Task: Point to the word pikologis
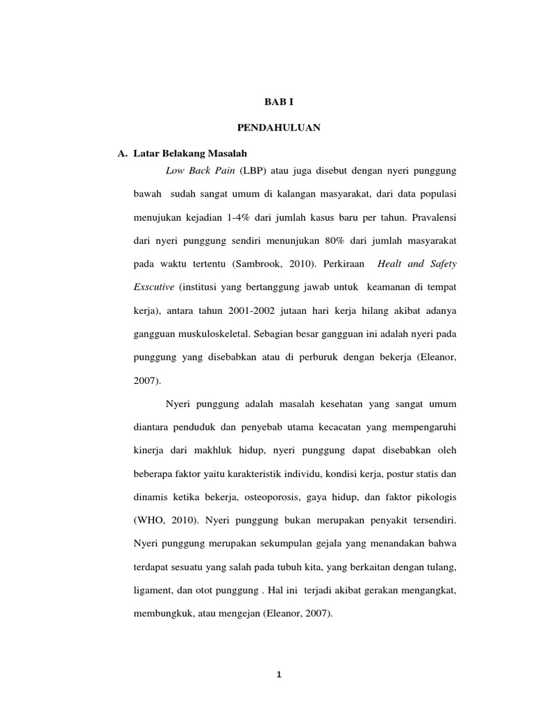pos(434,498)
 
